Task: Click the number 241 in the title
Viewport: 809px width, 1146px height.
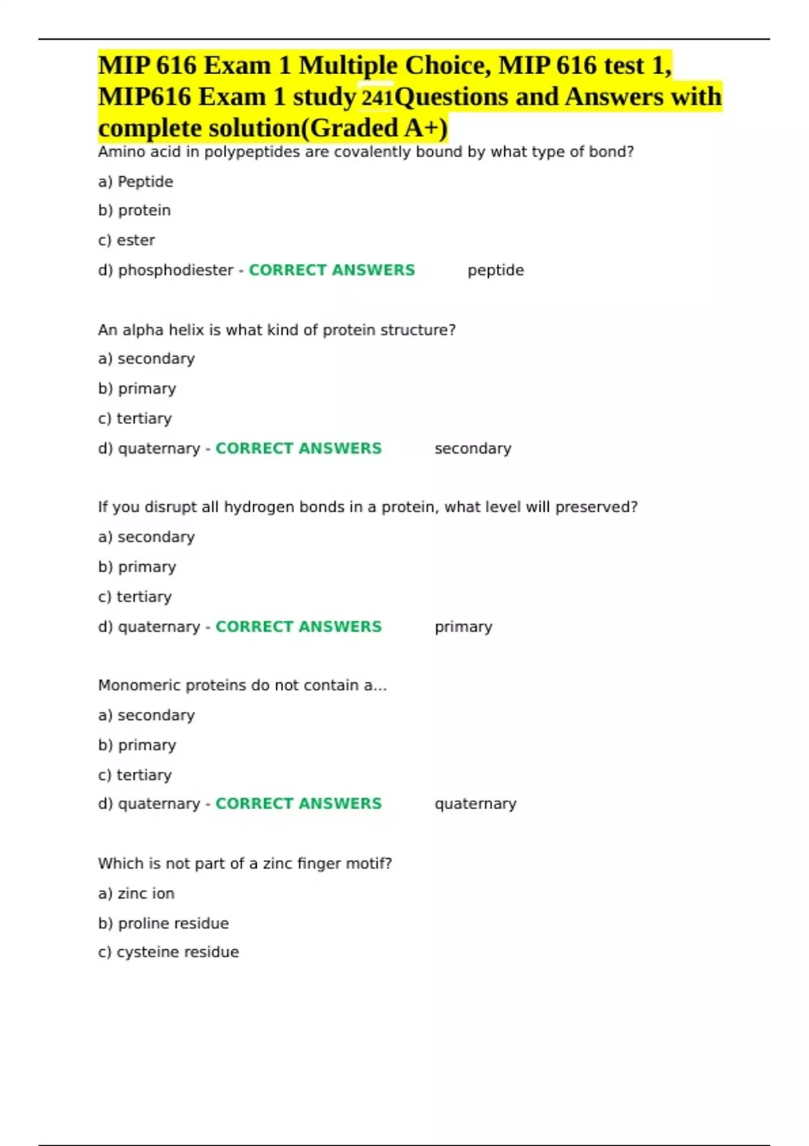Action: tap(377, 98)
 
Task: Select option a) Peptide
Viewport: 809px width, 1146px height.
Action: tap(136, 181)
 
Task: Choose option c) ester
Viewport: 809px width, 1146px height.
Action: tap(127, 240)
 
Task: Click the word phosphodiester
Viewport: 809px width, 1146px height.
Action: tap(175, 270)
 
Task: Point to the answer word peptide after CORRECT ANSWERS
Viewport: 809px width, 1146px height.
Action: tap(496, 270)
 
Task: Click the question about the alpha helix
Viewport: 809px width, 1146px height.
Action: tap(276, 330)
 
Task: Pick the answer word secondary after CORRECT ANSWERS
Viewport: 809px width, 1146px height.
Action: tap(473, 448)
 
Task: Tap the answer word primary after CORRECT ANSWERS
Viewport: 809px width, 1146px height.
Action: tap(463, 626)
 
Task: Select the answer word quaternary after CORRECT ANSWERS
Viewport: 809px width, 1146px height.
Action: tap(475, 804)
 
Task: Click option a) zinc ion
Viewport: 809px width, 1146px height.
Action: tap(136, 893)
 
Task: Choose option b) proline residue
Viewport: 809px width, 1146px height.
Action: tap(163, 923)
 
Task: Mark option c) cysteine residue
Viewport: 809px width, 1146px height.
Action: tap(169, 952)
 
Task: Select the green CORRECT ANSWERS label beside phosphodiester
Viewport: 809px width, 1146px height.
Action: tap(332, 270)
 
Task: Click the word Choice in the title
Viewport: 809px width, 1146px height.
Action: tap(444, 65)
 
